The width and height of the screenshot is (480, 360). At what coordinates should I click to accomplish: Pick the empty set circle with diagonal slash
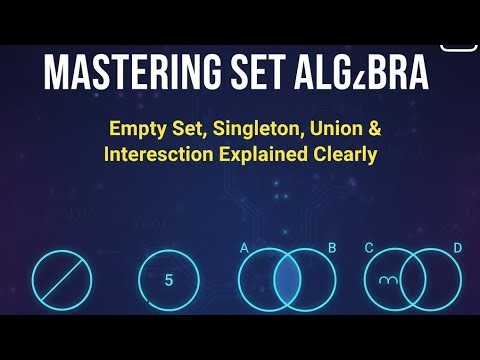62,280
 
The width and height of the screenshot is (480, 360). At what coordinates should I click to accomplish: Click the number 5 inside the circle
168,280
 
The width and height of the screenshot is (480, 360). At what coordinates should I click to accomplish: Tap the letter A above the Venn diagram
244,246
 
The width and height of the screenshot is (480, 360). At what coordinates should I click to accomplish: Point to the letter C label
369,246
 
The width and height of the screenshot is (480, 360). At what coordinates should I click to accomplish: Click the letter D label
457,246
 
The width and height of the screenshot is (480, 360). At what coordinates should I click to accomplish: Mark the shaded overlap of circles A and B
288,280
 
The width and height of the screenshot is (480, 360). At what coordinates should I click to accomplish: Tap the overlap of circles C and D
414,280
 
